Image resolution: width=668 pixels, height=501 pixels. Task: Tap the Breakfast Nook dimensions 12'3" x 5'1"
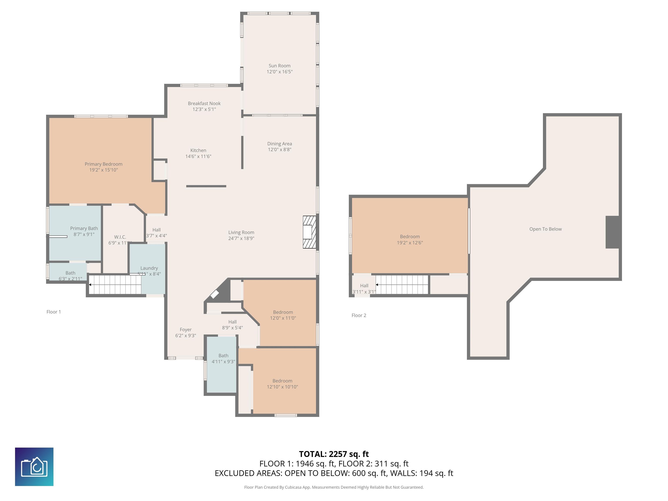point(204,109)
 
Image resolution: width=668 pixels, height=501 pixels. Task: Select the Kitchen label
point(198,150)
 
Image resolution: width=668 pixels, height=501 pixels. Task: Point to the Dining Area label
point(279,144)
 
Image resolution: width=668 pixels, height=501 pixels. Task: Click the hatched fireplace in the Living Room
point(309,232)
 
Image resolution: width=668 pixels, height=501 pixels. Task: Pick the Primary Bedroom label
point(103,164)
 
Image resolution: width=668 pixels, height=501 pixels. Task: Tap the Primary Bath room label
point(84,228)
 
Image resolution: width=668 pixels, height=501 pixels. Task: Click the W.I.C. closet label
point(120,237)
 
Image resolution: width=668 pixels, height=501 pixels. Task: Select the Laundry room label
point(149,268)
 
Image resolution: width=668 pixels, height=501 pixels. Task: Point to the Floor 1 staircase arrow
point(90,284)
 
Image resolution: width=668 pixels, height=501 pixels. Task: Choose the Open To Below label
point(545,229)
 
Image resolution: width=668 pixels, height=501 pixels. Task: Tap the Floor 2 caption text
point(359,315)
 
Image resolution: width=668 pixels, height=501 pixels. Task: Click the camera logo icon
point(34,467)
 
